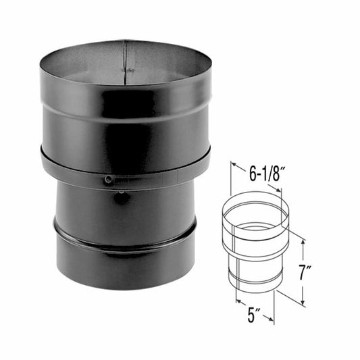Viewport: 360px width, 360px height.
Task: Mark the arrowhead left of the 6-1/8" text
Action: coord(234,164)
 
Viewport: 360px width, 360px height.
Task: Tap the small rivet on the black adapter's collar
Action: coord(108,179)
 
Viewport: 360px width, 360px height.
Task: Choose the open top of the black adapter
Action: coord(125,64)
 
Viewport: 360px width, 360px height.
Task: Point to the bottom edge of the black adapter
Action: coord(125,288)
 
